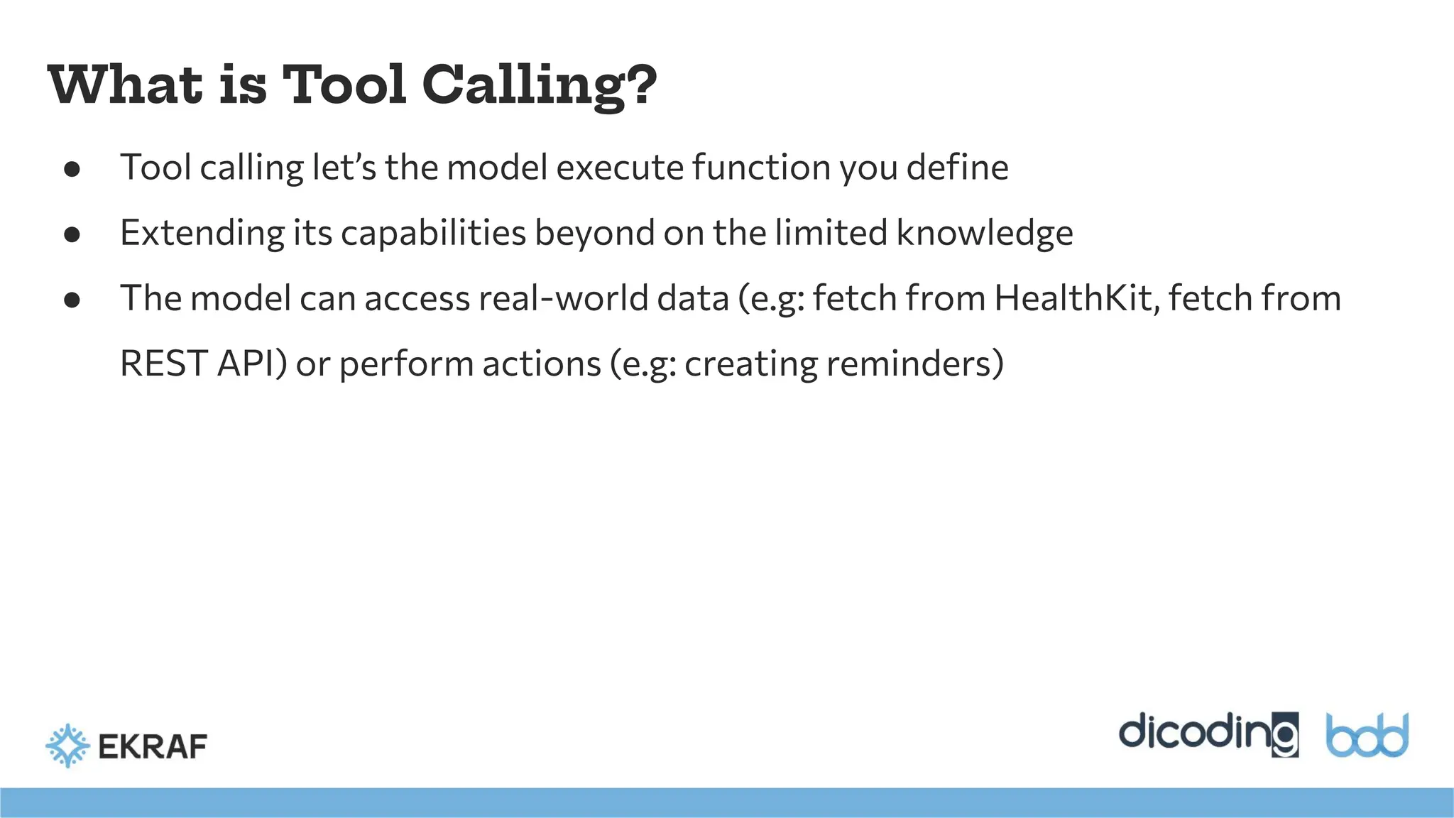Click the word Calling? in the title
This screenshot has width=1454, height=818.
point(540,85)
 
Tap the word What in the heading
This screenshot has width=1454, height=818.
point(125,85)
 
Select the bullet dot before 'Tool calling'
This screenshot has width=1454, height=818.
point(72,170)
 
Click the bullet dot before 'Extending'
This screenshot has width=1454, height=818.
point(72,235)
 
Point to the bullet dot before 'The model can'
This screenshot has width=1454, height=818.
point(72,300)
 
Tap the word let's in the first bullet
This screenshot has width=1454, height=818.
point(344,168)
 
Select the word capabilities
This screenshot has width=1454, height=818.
point(433,234)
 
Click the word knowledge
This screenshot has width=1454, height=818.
point(985,234)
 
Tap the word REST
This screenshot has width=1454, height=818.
point(164,364)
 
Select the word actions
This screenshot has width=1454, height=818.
point(541,364)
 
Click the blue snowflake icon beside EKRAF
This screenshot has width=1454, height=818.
point(67,746)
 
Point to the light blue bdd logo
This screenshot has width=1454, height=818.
point(1367,736)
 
